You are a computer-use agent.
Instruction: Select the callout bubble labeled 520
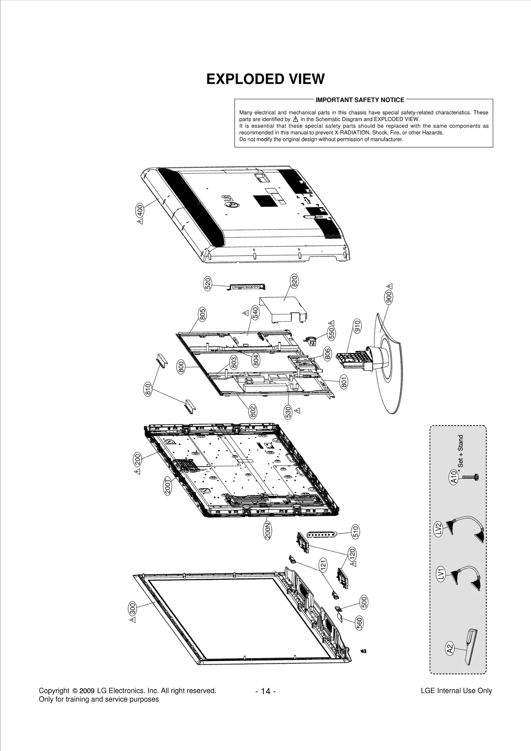coord(207,284)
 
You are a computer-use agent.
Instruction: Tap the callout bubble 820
coord(294,281)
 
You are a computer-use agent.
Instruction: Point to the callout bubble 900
coord(389,297)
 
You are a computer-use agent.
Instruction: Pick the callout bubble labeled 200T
coord(168,486)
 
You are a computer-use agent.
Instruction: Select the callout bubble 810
coord(148,389)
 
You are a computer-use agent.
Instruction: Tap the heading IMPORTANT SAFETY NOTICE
coord(360,100)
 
